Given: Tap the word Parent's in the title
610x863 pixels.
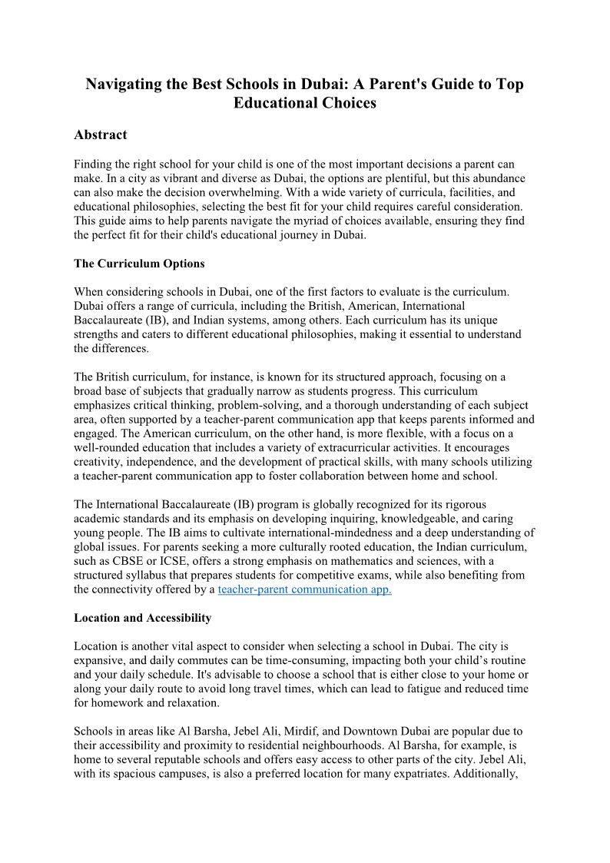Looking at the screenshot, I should pos(370,85).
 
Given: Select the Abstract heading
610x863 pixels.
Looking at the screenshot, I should pos(101,135).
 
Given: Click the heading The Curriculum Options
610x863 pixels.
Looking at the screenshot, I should pos(139,264).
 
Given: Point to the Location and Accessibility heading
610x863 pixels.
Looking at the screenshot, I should pos(142,618).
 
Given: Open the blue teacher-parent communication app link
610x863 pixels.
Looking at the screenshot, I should pos(305,589).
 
